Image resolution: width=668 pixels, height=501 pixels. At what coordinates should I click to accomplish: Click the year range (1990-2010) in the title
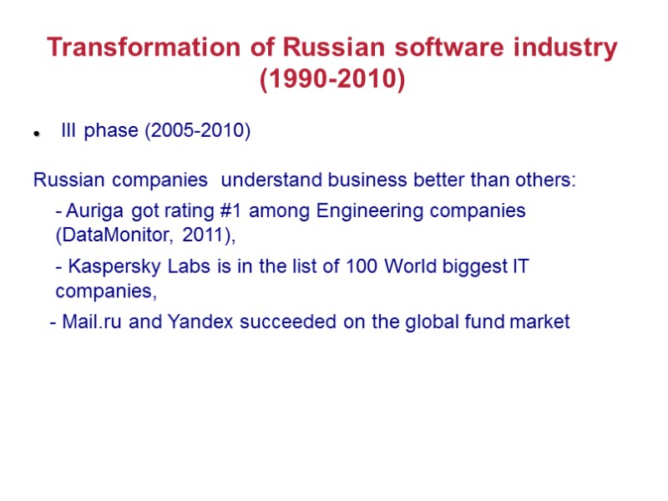pos(332,81)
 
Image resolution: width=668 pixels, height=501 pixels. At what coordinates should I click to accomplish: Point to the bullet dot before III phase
pos(37,134)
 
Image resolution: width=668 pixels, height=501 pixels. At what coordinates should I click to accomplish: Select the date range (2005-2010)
pos(198,132)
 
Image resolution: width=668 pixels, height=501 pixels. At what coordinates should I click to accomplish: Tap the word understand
pos(272,180)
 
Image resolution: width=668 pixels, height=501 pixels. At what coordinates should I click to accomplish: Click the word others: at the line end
pos(547,180)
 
